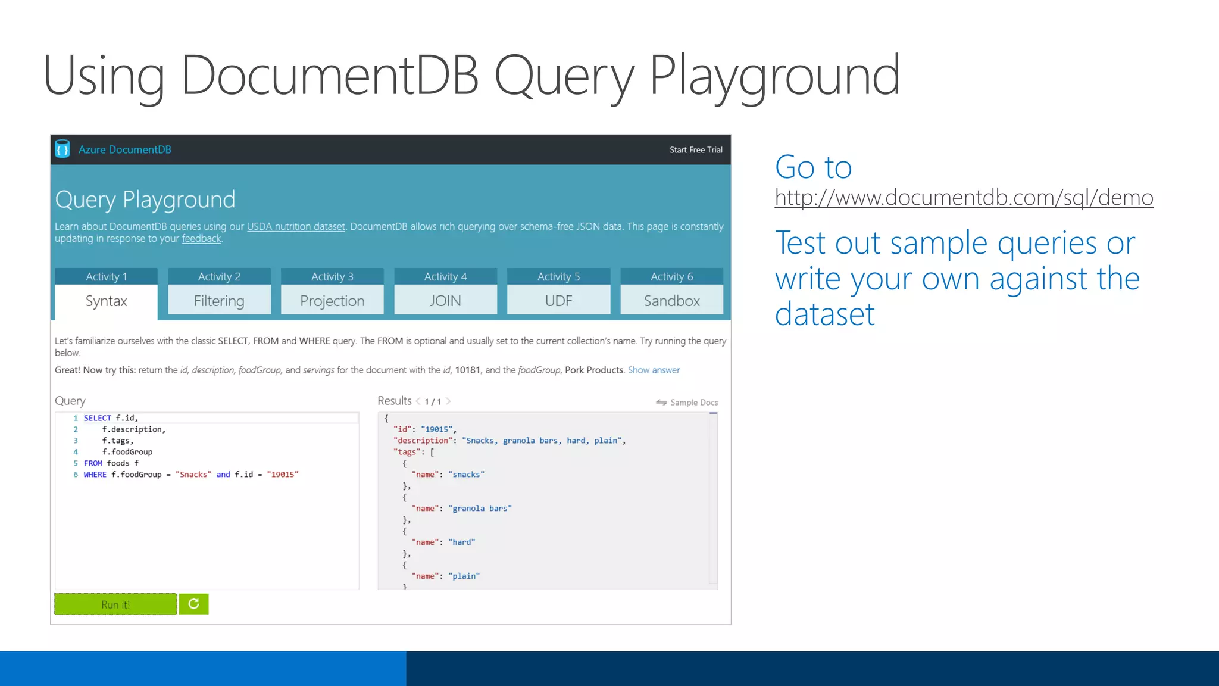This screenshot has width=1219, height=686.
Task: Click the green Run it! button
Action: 115,604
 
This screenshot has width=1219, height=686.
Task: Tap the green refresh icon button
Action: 194,604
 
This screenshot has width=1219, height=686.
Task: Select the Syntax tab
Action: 106,301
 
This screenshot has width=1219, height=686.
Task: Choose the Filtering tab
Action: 219,301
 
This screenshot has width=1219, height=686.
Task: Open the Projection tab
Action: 332,301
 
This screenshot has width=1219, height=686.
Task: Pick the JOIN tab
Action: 445,301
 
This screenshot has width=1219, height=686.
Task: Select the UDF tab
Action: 558,301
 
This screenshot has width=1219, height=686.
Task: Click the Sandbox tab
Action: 671,301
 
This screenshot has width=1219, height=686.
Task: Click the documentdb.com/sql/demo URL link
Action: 964,197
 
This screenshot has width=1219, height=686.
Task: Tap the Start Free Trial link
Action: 696,150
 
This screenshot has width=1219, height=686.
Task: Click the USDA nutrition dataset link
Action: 296,227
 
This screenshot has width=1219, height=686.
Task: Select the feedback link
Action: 201,239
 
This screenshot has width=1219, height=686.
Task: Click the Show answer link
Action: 654,370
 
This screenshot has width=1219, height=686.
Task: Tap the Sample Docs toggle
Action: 687,403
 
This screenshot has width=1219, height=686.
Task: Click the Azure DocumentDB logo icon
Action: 62,149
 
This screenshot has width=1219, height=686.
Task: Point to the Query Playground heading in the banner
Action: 145,199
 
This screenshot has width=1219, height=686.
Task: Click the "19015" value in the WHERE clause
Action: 283,475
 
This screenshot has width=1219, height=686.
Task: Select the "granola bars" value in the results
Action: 480,509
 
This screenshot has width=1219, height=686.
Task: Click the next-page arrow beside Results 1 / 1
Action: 449,401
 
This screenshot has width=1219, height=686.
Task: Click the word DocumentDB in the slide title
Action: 330,76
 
